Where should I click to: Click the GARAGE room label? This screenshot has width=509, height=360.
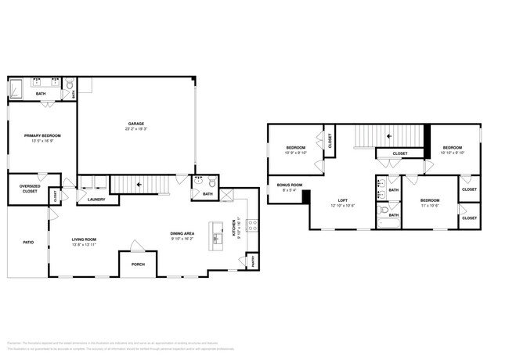point(136,124)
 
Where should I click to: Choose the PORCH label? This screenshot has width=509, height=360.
point(137,264)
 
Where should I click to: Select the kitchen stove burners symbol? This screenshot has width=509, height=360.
point(251,226)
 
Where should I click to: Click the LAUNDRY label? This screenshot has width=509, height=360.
point(96,200)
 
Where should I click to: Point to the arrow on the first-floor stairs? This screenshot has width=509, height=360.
point(140,185)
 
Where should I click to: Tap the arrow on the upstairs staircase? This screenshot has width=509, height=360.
point(389,136)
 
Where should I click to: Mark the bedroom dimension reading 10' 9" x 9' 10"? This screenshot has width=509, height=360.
point(295,153)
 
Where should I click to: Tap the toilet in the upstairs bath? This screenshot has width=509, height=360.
point(382,210)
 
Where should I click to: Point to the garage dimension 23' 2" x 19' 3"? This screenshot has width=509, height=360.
point(136,128)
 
